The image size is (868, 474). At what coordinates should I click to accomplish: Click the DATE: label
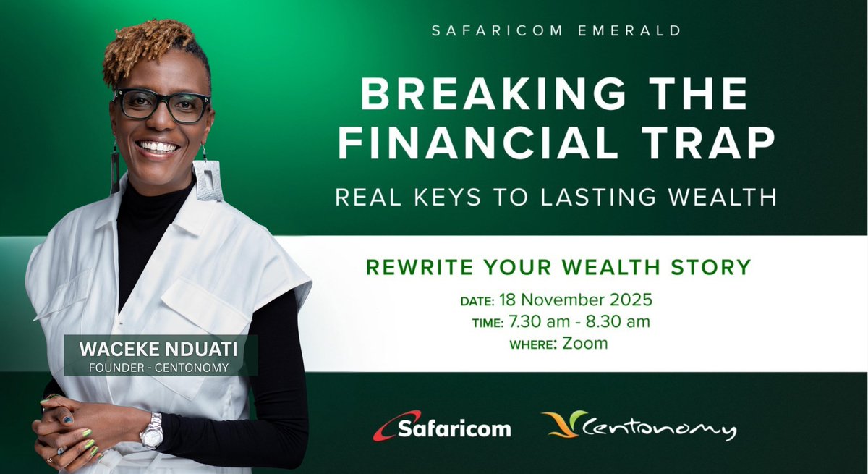click(477, 300)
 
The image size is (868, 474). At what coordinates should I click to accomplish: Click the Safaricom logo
click(442, 427)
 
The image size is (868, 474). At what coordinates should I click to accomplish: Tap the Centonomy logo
click(639, 426)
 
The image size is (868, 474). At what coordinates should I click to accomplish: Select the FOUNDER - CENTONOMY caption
click(161, 368)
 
